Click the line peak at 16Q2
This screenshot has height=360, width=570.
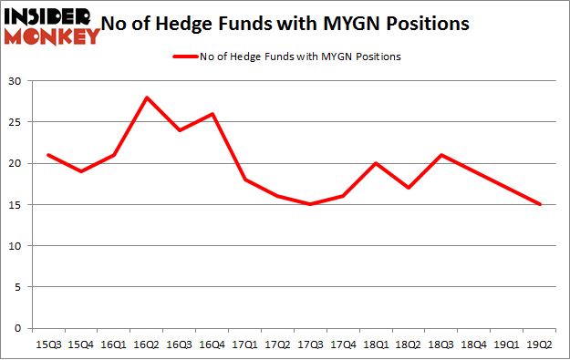146,98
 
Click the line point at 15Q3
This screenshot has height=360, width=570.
47,155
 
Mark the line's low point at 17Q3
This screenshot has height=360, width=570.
310,204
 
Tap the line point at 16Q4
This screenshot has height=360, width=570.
212,114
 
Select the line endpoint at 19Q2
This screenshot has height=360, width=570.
540,204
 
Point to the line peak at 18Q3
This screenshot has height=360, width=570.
441,155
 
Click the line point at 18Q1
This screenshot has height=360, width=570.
376,163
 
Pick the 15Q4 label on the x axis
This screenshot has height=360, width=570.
80,344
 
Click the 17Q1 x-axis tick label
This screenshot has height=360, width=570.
244,344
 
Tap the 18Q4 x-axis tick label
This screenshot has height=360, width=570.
474,344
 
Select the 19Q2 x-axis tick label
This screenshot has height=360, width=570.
540,344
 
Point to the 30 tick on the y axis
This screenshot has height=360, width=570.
17,81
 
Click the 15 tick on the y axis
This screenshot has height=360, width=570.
17,205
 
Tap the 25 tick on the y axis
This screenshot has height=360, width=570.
17,122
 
